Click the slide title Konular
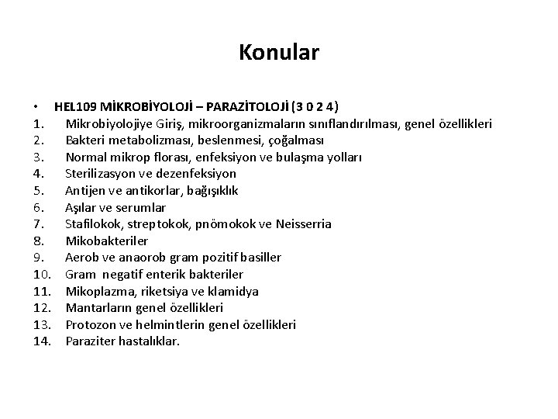[x=279, y=53]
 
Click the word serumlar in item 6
[x=143, y=207]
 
